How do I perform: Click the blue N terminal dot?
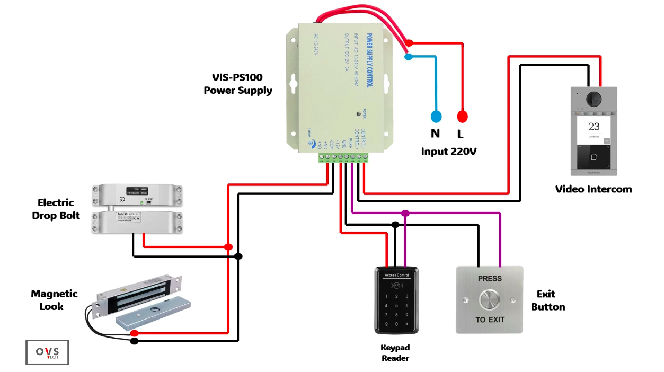(436, 117)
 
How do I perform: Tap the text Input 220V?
(449, 152)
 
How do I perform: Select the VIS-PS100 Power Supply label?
(237, 84)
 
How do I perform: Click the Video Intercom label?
(594, 189)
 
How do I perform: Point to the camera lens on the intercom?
(594, 99)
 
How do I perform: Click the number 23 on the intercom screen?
(594, 127)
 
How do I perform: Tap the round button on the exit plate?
(489, 300)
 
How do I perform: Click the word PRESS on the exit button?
(490, 278)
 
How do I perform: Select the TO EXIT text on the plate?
(490, 320)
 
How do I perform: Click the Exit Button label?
(548, 300)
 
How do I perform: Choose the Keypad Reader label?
(395, 353)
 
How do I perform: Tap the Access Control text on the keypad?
(396, 276)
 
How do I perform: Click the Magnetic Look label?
(54, 300)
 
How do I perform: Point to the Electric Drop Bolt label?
(56, 209)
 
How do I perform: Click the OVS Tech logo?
(47, 352)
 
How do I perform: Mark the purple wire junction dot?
(405, 214)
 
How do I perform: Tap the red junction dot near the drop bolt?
(228, 247)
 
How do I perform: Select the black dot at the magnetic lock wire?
(135, 341)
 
